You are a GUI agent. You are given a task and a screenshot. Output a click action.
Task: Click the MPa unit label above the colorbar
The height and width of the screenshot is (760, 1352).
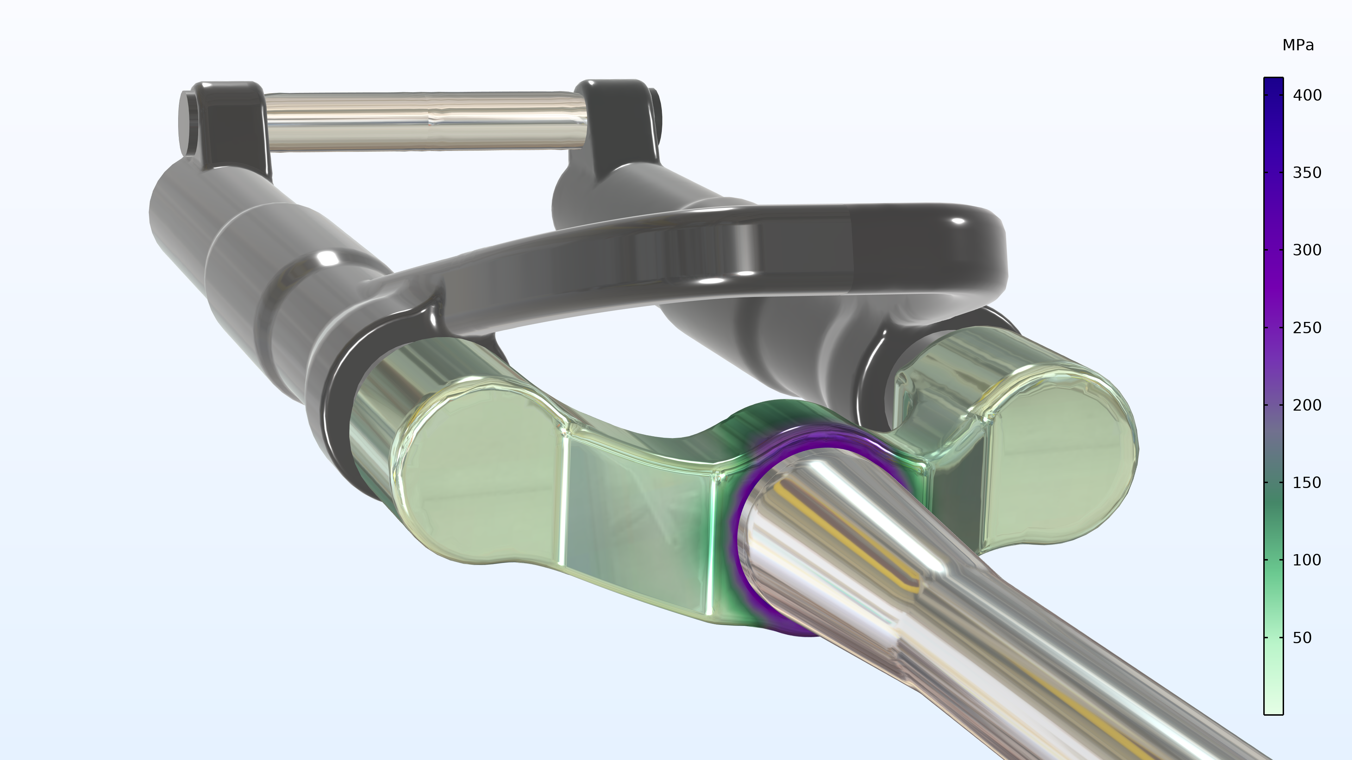coord(1298,45)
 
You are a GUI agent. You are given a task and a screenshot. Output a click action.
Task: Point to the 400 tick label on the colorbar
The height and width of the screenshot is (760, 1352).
coord(1307,95)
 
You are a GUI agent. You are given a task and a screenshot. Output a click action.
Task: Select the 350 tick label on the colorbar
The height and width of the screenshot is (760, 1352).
coord(1307,172)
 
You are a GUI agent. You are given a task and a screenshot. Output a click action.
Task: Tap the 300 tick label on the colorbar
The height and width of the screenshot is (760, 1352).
coord(1307,250)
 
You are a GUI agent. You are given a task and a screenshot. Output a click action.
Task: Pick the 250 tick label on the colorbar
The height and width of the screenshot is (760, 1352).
coord(1307,328)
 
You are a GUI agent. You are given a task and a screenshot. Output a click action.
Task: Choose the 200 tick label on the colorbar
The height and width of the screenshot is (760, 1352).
coord(1307,405)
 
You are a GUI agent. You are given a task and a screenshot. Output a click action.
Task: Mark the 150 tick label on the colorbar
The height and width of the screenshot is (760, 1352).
coord(1307,482)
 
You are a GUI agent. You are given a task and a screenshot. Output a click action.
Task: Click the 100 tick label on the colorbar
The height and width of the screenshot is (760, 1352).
coord(1307,560)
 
